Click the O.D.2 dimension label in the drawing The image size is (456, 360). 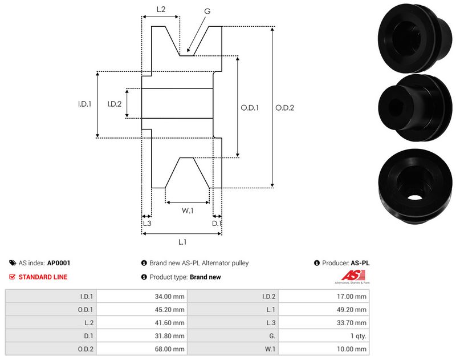coord(284,107)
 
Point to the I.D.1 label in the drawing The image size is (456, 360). coord(85,104)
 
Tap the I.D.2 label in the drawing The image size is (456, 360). coord(114,104)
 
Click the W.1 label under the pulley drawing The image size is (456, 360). coord(188,211)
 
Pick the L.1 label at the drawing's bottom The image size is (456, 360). coord(182,242)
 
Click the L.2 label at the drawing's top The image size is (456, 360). coord(161,10)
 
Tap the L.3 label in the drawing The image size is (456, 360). coord(146,224)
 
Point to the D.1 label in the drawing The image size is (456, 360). coord(217,224)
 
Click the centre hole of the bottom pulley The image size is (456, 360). coord(415,197)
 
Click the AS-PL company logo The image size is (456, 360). coord(351,277)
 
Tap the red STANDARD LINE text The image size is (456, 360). coord(43,277)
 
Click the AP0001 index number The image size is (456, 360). coord(59,264)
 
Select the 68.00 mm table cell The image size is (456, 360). coord(171,349)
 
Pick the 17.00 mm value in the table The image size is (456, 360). coord(353,296)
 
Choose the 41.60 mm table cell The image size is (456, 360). coord(171,323)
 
